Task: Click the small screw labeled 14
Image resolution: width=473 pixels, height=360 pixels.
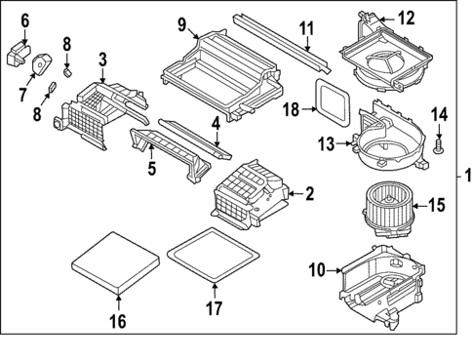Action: pos(439,147)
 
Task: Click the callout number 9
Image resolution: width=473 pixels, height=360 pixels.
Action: pos(182,23)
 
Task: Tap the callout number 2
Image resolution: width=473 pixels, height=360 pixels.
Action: pos(309,194)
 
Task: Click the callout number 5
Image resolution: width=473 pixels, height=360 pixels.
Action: pos(151,167)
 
